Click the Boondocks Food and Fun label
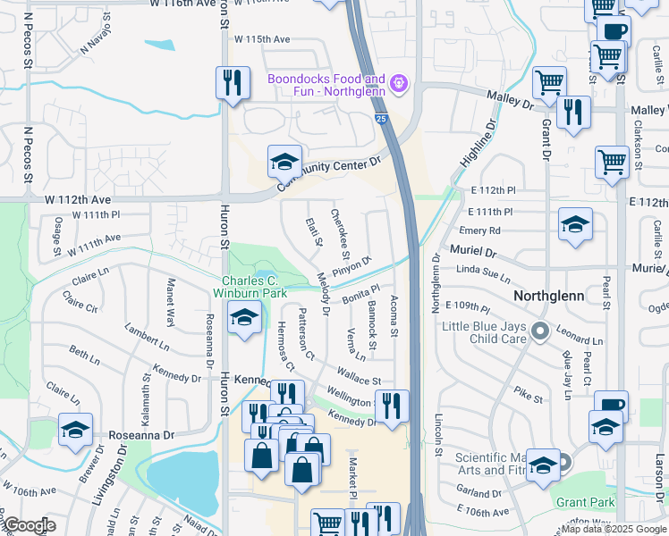point(326,86)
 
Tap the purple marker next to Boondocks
point(399,86)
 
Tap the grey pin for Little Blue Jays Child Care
point(539,332)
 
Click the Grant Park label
point(585,502)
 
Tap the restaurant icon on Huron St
point(233,83)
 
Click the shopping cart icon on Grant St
point(548,83)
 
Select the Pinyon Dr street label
point(352,265)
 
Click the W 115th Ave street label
point(262,39)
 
